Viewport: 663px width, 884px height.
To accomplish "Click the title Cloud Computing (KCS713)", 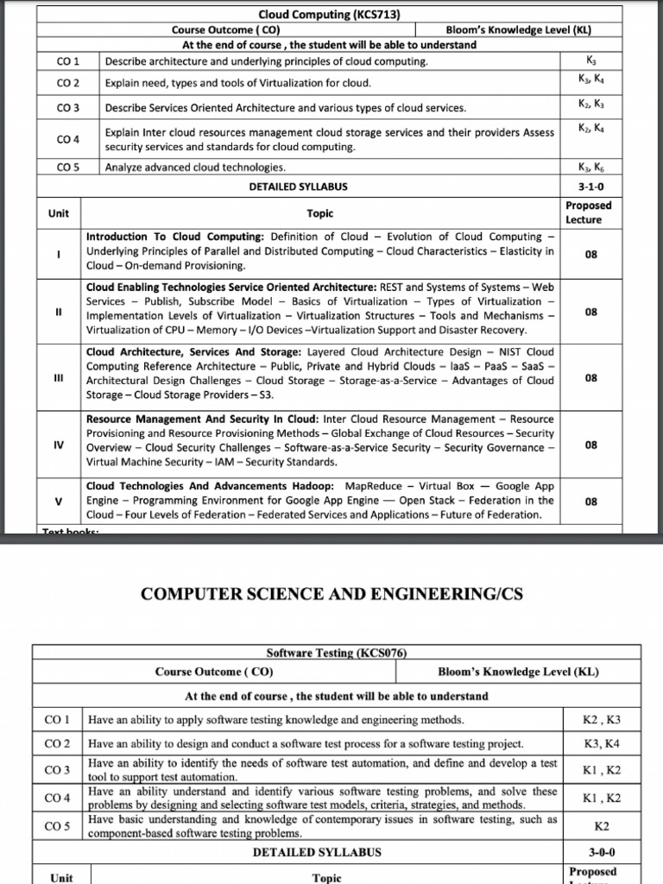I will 318,14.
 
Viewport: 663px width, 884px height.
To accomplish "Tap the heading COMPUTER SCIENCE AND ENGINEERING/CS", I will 331,594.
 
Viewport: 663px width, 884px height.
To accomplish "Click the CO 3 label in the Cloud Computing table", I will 67,108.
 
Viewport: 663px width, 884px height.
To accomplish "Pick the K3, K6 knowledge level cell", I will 590,167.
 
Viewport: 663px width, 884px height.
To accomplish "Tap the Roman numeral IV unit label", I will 58,446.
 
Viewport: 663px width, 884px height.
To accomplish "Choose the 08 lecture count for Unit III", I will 590,378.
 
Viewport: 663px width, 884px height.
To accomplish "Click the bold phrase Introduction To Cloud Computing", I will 175,237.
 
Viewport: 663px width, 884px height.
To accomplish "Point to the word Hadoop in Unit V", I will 313,485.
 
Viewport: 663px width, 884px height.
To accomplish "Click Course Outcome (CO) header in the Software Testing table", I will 214,672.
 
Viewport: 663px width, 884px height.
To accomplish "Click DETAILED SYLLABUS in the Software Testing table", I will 317,852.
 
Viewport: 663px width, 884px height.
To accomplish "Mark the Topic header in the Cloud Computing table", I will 319,213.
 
